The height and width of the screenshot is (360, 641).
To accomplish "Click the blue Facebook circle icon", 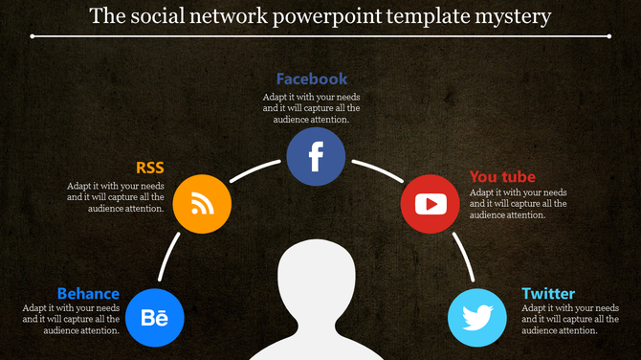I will (316, 156).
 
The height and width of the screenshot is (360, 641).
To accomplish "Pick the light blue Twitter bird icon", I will (477, 317).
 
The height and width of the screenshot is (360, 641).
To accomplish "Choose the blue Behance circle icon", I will (154, 317).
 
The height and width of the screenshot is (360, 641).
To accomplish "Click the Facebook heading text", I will (312, 79).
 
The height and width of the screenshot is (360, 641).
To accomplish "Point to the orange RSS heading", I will (150, 169).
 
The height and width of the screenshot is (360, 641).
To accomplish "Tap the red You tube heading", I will (502, 176).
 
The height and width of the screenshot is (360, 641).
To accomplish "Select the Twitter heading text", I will (548, 293).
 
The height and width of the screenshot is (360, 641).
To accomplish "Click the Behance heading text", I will (88, 293).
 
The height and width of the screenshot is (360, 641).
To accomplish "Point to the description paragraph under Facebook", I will (312, 108).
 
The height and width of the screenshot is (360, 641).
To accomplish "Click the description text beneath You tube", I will (518, 203).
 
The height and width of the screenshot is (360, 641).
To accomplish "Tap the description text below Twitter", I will (569, 319).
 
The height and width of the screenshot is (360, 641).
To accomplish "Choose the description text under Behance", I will (72, 319).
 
